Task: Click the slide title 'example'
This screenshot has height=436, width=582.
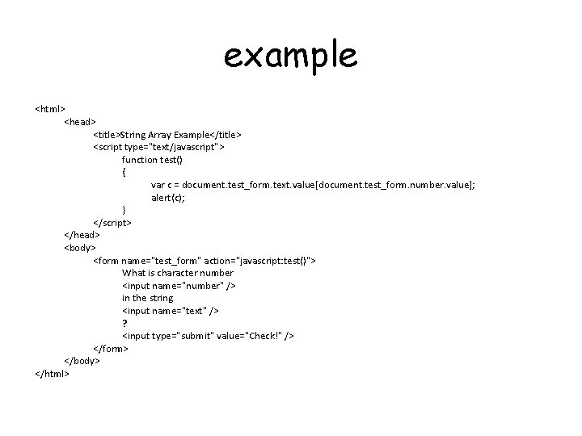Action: [289, 56]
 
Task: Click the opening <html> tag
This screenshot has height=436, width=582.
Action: [50, 108]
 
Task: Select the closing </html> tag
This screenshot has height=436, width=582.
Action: [53, 373]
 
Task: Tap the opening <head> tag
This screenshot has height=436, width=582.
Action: [80, 121]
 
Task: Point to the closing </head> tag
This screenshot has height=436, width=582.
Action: [82, 234]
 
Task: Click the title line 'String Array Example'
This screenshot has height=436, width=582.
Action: [167, 134]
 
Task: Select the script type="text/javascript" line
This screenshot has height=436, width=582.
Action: [159, 147]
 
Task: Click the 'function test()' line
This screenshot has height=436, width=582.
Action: [153, 159]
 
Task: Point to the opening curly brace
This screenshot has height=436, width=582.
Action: [124, 172]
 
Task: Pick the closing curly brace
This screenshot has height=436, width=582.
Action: [124, 209]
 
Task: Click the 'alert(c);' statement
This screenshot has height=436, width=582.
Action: [168, 197]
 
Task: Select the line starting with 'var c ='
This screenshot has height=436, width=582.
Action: [313, 185]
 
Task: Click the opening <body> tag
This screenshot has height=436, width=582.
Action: [80, 247]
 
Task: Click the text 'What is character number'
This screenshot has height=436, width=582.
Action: [178, 273]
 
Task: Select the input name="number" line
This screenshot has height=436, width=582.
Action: [179, 285]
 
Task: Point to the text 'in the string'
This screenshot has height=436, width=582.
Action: [148, 298]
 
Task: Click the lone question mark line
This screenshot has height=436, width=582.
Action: [124, 323]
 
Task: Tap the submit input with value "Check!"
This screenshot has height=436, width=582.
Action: [208, 335]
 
